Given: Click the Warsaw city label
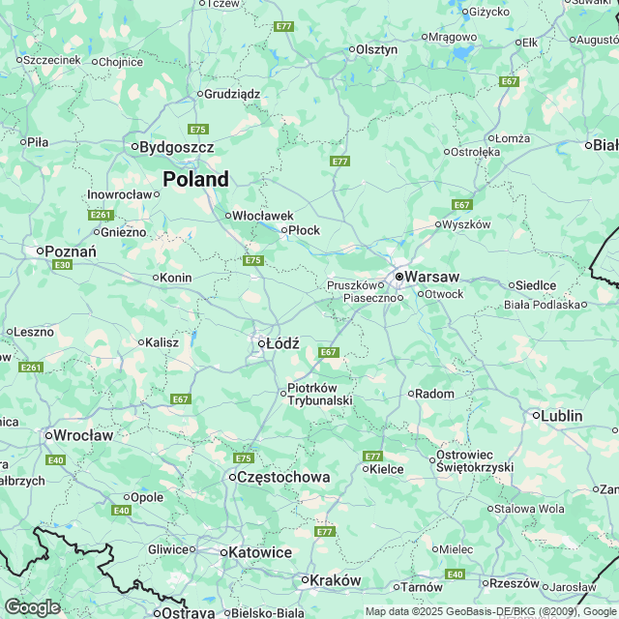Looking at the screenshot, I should [x=432, y=277].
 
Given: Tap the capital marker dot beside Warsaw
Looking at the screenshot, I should [x=398, y=277].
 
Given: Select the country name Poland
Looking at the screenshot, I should [x=195, y=179].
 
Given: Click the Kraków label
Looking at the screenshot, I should [x=334, y=580].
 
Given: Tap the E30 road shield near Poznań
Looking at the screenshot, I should [x=63, y=265].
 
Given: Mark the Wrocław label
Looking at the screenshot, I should [x=84, y=435].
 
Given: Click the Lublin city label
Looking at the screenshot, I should [x=562, y=416].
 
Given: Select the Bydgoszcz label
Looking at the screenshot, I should [x=176, y=147].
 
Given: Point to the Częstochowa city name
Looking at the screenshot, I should [x=283, y=477].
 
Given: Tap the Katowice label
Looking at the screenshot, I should [x=259, y=551].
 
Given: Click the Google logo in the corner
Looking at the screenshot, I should [x=31, y=607].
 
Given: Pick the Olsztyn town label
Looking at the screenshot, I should [x=376, y=49].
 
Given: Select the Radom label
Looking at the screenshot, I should [x=435, y=394].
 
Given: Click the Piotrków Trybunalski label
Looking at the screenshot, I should [x=318, y=395].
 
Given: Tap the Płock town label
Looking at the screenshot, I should [x=304, y=230].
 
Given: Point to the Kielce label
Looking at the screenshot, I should [x=387, y=469].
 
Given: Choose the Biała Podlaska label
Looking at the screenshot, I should [x=545, y=305].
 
